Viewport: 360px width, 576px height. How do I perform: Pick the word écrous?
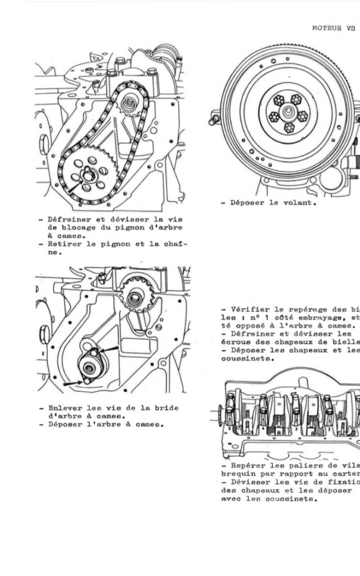(235, 342)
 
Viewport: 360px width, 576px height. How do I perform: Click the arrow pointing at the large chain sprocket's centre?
(75, 187)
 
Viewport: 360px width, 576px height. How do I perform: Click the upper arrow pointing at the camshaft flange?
(110, 350)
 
